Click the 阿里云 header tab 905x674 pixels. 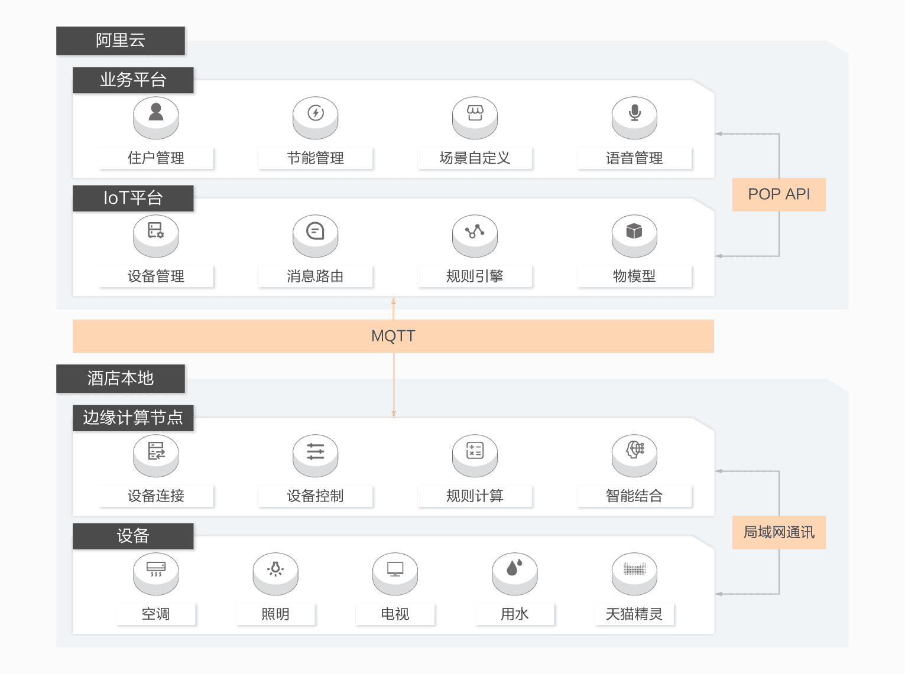pyautogui.click(x=121, y=41)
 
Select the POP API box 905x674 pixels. pyautogui.click(x=779, y=194)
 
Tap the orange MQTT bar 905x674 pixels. pyautogui.click(x=393, y=336)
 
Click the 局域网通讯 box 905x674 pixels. pyautogui.click(x=779, y=532)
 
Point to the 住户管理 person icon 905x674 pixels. pyautogui.click(x=156, y=113)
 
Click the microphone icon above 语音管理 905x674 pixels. pyautogui.click(x=634, y=113)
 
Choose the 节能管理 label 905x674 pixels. pyautogui.click(x=316, y=158)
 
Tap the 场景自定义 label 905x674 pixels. pyautogui.click(x=475, y=158)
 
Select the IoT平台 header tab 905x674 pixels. pyautogui.click(x=133, y=198)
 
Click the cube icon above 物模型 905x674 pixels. pyautogui.click(x=634, y=231)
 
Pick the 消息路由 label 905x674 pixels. pyautogui.click(x=316, y=276)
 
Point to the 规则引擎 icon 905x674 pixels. pyautogui.click(x=475, y=231)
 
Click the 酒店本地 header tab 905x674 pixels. pyautogui.click(x=121, y=378)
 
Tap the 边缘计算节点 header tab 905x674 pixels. pyautogui.click(x=133, y=418)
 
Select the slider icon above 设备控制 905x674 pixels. pyautogui.click(x=316, y=451)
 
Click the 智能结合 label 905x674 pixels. pyautogui.click(x=634, y=496)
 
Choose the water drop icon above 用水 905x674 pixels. pyautogui.click(x=515, y=568)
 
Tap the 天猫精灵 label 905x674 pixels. pyautogui.click(x=634, y=614)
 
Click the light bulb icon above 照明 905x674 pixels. pyautogui.click(x=275, y=569)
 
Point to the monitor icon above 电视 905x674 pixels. pyautogui.click(x=395, y=569)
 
